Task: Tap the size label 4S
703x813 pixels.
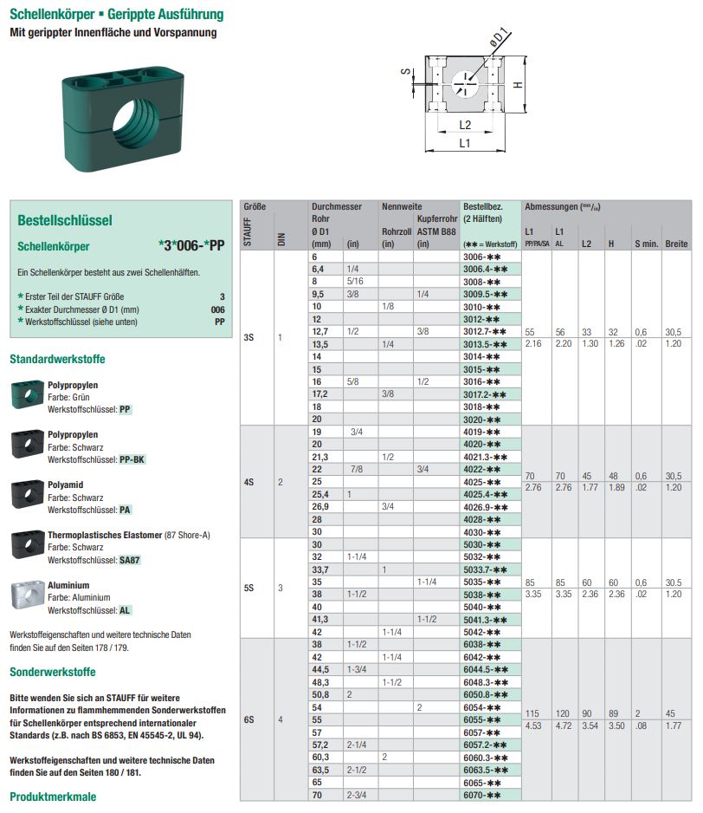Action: pos(248,482)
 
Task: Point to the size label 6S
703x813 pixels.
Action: pos(248,719)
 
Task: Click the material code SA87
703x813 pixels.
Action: pos(129,560)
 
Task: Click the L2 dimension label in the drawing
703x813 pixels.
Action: pos(465,125)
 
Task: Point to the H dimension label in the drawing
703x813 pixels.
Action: pos(516,84)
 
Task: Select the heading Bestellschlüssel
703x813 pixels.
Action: pos(65,220)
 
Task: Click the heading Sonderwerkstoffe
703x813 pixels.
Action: pos(53,672)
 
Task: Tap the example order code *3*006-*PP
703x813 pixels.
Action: pos(191,245)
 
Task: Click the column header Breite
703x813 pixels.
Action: pos(676,244)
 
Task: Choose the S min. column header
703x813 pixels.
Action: pos(646,244)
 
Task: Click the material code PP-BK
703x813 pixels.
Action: pos(132,459)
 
